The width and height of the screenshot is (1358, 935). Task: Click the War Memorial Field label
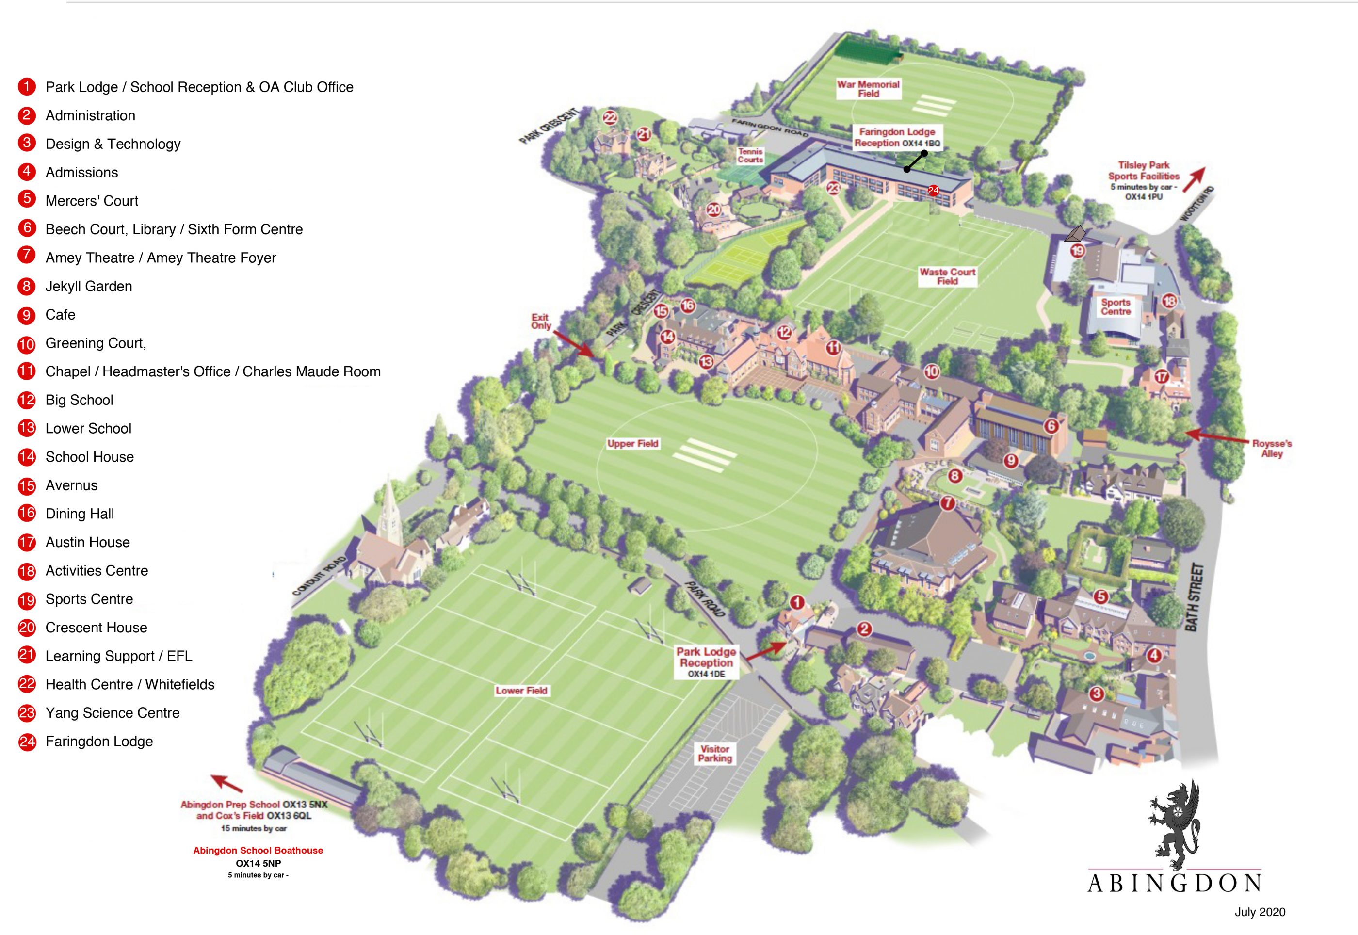[x=868, y=88]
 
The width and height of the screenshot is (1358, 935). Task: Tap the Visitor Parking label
[x=715, y=754]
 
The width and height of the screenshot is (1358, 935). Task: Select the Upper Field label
[x=633, y=443]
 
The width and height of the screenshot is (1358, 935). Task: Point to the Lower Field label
[x=521, y=691]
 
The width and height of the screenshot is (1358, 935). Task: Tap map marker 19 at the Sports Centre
[x=1077, y=251]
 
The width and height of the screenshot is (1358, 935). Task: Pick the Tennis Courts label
[x=750, y=155]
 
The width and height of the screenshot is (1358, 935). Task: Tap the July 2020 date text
[x=1260, y=912]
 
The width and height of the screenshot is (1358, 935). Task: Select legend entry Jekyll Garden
[x=88, y=286]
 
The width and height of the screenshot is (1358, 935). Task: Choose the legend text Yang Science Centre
[x=113, y=713]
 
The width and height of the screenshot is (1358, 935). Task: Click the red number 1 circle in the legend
[x=26, y=87]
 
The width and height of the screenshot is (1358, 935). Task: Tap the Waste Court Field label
[x=947, y=276]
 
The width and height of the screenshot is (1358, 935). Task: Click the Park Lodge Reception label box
[x=706, y=662]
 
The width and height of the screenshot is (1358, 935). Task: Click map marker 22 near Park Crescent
[x=610, y=118]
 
